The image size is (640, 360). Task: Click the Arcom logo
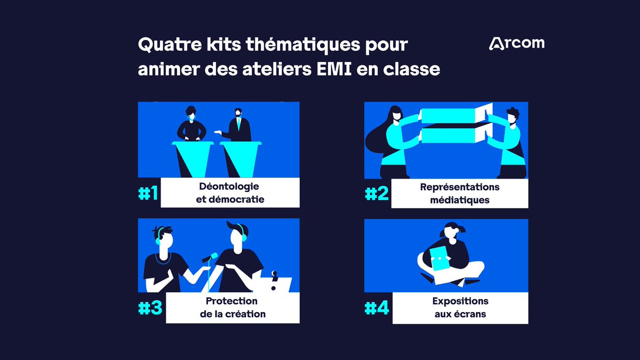tap(517, 44)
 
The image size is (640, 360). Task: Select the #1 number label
tap(148, 193)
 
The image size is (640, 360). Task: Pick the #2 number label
tap(377, 194)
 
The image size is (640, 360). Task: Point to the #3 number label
tap(150, 308)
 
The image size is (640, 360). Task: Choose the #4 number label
tap(377, 308)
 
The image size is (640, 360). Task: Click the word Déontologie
tap(229, 186)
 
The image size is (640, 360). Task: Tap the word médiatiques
tap(460, 200)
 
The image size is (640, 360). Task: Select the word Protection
tap(231, 301)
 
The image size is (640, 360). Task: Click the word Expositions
tap(460, 301)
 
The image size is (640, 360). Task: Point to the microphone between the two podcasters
tap(210, 257)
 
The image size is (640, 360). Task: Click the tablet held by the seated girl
tap(441, 258)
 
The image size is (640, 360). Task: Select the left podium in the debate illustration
tap(193, 159)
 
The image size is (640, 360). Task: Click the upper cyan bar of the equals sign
tap(449, 116)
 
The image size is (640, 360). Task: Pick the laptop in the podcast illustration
tap(273, 285)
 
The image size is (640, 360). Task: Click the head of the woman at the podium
tap(191, 113)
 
